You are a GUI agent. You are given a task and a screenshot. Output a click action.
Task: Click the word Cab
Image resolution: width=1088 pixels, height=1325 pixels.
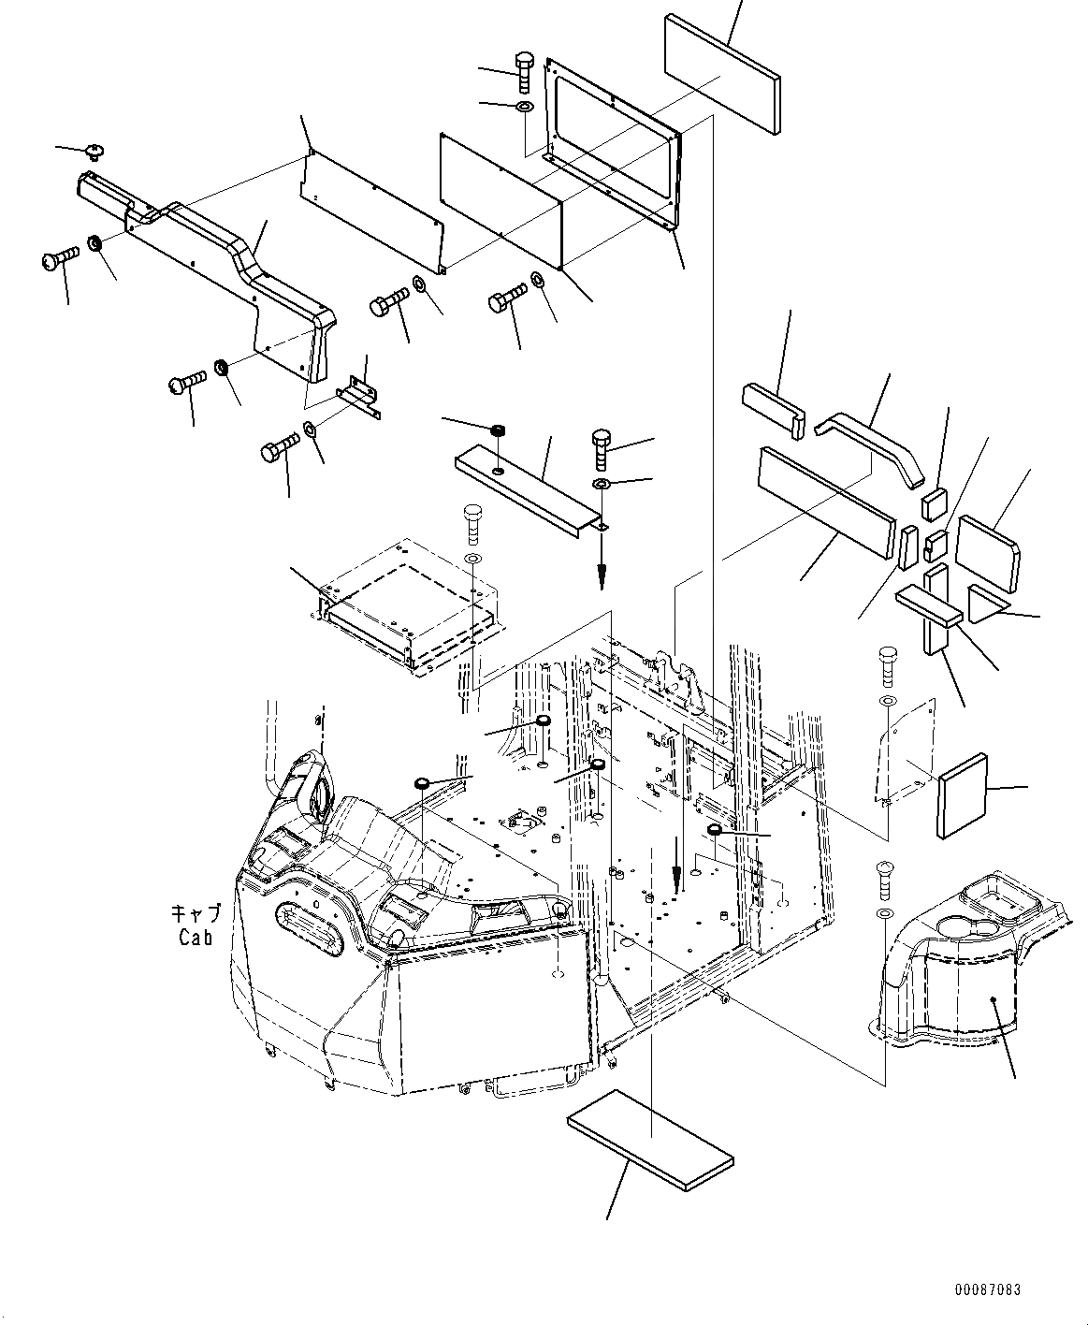click(x=196, y=938)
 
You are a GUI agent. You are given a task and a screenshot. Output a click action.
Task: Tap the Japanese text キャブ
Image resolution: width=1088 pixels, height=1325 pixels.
click(x=196, y=914)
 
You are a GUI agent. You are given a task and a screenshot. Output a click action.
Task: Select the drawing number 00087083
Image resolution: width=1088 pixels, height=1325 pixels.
click(x=988, y=1289)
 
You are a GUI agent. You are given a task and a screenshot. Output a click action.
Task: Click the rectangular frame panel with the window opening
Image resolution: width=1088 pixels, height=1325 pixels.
click(x=613, y=140)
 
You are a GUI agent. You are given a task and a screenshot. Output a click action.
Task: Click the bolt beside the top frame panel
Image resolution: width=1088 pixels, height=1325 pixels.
click(x=523, y=71)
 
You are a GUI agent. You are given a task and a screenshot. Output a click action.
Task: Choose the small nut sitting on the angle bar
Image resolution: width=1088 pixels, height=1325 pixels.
click(x=499, y=431)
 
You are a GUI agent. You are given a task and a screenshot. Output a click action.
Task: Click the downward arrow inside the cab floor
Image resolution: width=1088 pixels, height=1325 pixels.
click(x=676, y=876)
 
